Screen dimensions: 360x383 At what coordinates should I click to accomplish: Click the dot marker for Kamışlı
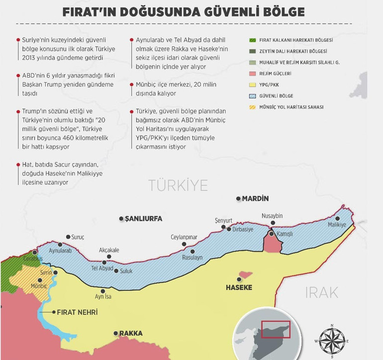(271, 233)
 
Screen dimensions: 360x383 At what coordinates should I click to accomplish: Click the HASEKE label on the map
(239, 287)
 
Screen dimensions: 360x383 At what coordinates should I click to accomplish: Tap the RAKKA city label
(130, 333)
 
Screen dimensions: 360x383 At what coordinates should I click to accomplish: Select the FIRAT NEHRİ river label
(77, 312)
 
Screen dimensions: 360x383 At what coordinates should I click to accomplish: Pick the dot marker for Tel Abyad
(104, 262)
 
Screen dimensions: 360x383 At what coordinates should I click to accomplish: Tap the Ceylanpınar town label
(184, 237)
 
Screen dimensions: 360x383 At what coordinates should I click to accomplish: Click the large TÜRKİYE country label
(178, 185)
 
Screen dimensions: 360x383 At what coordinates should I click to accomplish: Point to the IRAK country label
(321, 292)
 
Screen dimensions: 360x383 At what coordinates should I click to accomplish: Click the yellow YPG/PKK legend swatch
(254, 85)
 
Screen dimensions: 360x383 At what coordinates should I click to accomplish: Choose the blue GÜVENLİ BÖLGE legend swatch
(254, 96)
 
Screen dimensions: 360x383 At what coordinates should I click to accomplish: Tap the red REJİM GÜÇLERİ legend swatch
(254, 74)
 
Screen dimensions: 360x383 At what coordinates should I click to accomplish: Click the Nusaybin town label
(272, 216)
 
